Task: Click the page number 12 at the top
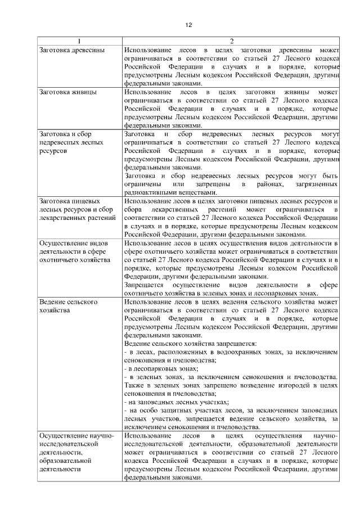pos(188,25)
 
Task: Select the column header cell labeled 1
pos(79,41)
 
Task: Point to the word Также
pos(133,385)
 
